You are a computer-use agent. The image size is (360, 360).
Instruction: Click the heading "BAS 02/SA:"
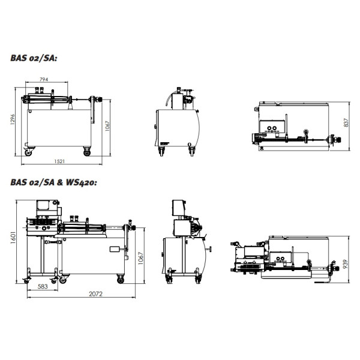click(34, 58)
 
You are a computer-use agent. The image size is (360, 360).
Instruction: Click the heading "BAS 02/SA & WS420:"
click(54, 182)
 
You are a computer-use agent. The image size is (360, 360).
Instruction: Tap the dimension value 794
click(44, 79)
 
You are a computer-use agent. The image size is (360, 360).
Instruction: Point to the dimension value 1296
click(13, 119)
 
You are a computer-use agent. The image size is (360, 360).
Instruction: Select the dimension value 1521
click(59, 161)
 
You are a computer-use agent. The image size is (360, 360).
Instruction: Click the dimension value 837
click(346, 122)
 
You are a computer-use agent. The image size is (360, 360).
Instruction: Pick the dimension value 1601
click(13, 237)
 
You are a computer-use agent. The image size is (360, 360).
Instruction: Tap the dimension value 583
click(43, 286)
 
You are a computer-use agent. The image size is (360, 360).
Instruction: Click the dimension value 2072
click(96, 294)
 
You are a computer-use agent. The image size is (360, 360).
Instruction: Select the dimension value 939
click(345, 264)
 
